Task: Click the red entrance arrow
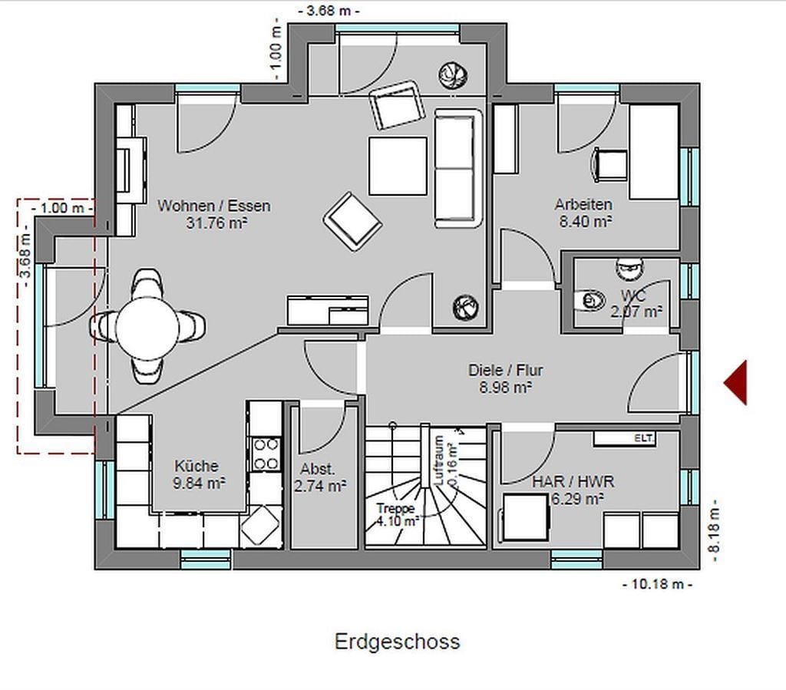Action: coord(737,382)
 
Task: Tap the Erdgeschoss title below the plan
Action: coord(397,642)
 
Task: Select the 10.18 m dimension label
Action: coord(658,584)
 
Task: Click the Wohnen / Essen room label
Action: coord(214,206)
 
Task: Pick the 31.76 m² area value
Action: coord(216,223)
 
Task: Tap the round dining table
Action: coord(147,328)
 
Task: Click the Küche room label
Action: coord(196,466)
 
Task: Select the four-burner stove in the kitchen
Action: coord(266,454)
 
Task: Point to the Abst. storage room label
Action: coord(317,470)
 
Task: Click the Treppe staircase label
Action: coord(396,509)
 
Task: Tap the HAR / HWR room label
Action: coord(573,481)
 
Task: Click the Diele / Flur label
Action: coord(505,370)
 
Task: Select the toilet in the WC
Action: coord(590,300)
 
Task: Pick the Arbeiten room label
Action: coord(583,204)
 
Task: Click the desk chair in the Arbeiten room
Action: coord(609,163)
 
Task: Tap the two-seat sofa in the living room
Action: coord(457,168)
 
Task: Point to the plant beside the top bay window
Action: coord(453,75)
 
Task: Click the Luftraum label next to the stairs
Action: coord(438,460)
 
